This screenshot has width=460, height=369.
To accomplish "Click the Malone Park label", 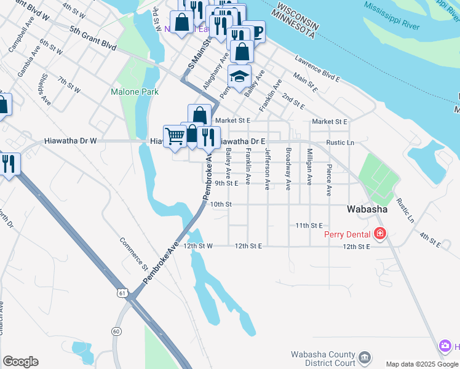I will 134,92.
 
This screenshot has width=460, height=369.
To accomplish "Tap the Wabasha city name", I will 367,209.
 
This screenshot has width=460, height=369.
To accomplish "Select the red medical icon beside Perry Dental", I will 380,234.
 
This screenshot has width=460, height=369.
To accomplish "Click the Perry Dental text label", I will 347,234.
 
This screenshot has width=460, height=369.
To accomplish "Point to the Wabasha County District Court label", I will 323,358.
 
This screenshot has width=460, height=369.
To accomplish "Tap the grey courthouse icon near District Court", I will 364,357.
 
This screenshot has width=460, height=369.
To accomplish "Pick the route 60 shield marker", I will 116,331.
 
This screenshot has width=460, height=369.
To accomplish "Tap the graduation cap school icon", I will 239,76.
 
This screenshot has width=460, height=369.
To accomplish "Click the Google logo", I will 20,362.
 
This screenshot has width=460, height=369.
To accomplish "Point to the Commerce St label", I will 133,253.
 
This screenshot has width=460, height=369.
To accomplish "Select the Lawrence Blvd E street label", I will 317,69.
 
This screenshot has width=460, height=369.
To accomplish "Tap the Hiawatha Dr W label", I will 71,141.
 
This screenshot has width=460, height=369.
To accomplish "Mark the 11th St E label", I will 309,226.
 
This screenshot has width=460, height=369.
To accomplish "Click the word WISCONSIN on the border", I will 298,17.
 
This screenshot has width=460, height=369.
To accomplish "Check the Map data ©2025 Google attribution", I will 422,364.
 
